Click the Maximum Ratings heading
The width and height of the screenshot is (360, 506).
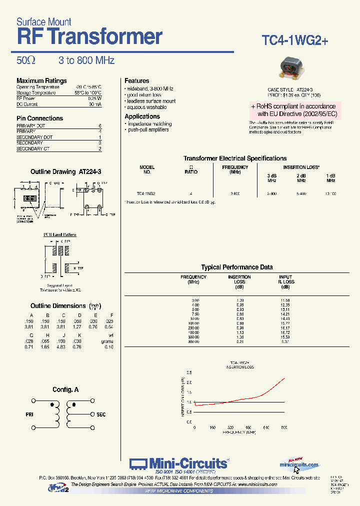tap(41, 80)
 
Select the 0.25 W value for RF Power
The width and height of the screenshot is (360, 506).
tap(95, 98)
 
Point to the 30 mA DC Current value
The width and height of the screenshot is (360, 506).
tap(95, 104)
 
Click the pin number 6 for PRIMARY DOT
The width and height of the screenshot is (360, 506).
tap(100, 125)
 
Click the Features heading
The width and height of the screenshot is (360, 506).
tap(136, 80)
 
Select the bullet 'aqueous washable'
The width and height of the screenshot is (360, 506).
tap(146, 107)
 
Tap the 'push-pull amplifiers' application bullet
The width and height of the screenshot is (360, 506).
tap(148, 129)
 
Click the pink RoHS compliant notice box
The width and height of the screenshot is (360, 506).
tap(294, 110)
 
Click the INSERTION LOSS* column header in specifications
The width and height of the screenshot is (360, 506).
tap(301, 167)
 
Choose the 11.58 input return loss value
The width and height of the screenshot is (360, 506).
tap(285, 300)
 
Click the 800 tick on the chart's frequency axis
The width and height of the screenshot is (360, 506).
tap(284, 427)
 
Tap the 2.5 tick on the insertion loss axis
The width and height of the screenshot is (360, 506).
tap(188, 373)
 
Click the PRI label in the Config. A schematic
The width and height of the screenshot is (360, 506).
tap(29, 414)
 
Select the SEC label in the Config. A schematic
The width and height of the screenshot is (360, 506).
tap(101, 414)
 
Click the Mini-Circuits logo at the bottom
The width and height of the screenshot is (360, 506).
tap(179, 464)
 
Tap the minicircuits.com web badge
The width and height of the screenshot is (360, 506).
tap(299, 464)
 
